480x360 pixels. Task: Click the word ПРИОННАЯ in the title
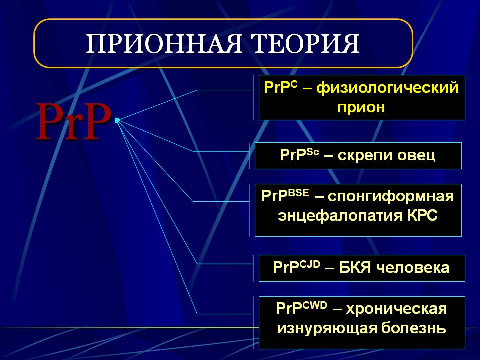click(164, 44)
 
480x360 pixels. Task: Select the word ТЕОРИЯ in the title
click(306, 44)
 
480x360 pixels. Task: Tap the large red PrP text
click(73, 121)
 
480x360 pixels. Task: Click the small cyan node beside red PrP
click(117, 120)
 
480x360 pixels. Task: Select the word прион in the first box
click(361, 107)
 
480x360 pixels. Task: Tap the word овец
click(416, 155)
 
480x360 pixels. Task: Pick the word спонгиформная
click(391, 197)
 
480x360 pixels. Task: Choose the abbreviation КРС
click(423, 215)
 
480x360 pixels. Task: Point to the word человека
click(412, 268)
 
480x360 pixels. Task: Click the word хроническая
click(396, 309)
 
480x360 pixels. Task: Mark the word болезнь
click(414, 328)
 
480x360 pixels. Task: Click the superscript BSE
click(298, 193)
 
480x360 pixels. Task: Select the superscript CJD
click(310, 264)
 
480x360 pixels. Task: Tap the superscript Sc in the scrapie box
click(312, 152)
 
